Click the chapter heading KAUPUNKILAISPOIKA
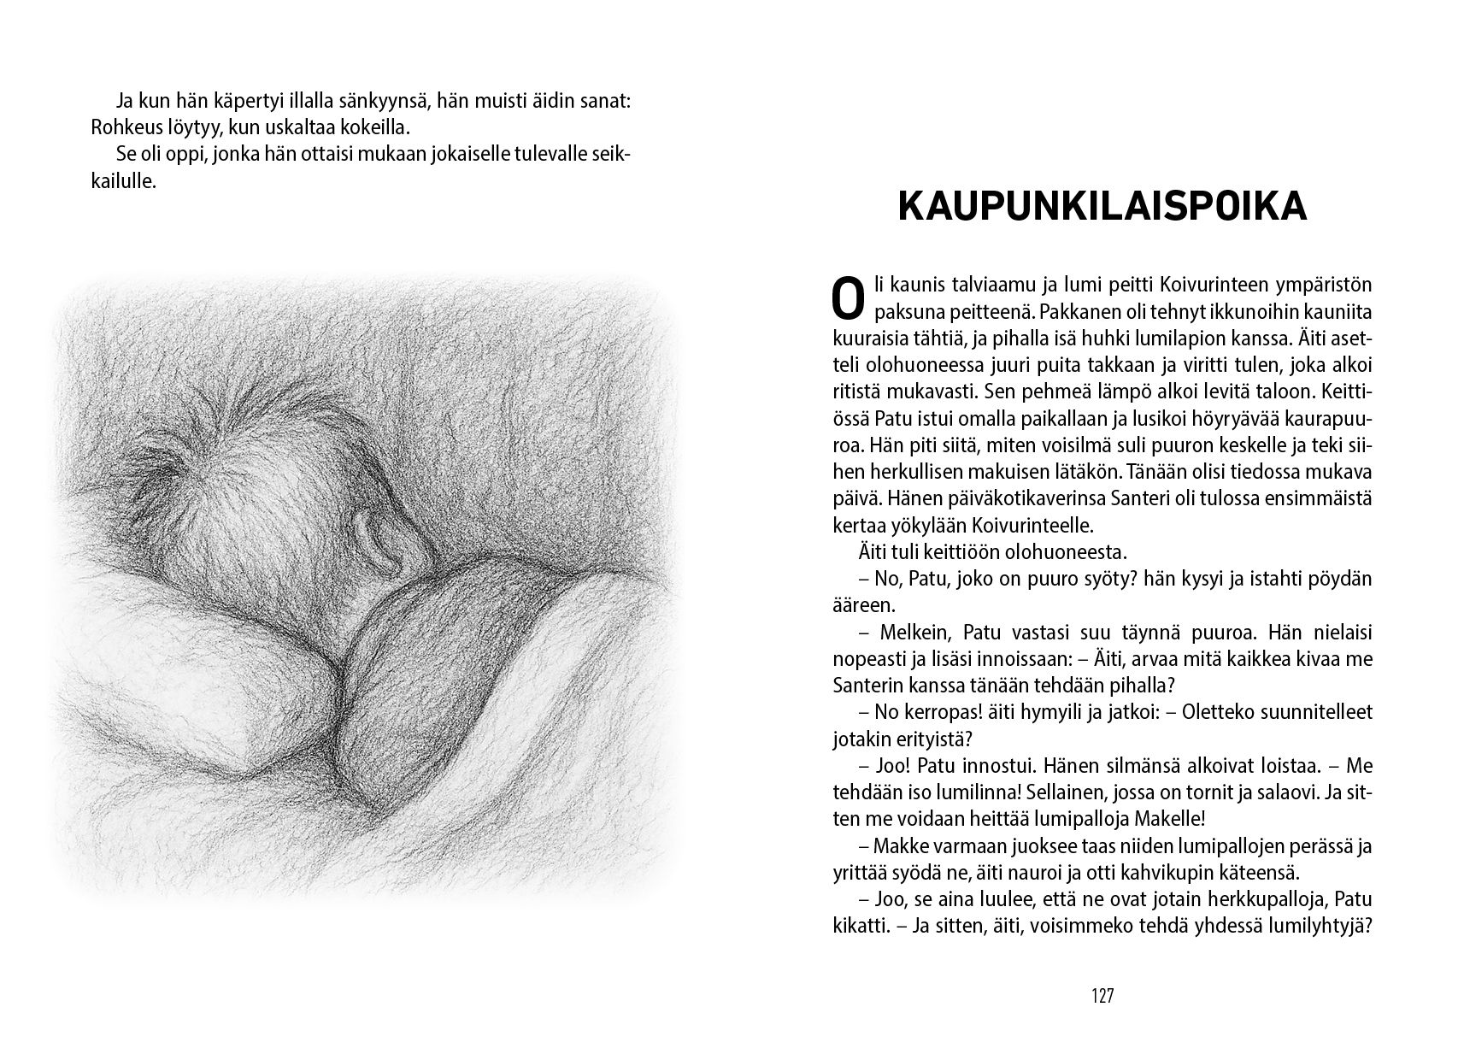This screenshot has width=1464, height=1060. [1102, 207]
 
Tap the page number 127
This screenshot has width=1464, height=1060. [1102, 996]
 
